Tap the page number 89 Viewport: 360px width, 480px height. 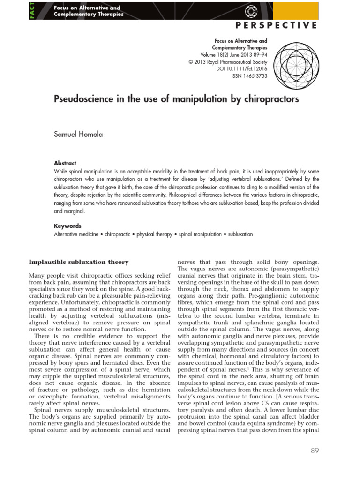pyautogui.click(x=315, y=451)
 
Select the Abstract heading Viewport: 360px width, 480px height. pyautogui.click(x=65, y=163)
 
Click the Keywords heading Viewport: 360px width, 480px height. pyautogui.click(x=67, y=226)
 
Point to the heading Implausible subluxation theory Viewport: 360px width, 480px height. pyautogui.click(x=79, y=262)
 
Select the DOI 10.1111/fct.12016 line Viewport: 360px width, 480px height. pyautogui.click(x=242, y=68)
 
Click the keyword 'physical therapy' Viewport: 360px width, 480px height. pyautogui.click(x=154, y=234)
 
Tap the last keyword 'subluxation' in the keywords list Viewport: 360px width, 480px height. pyautogui.click(x=240, y=234)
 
